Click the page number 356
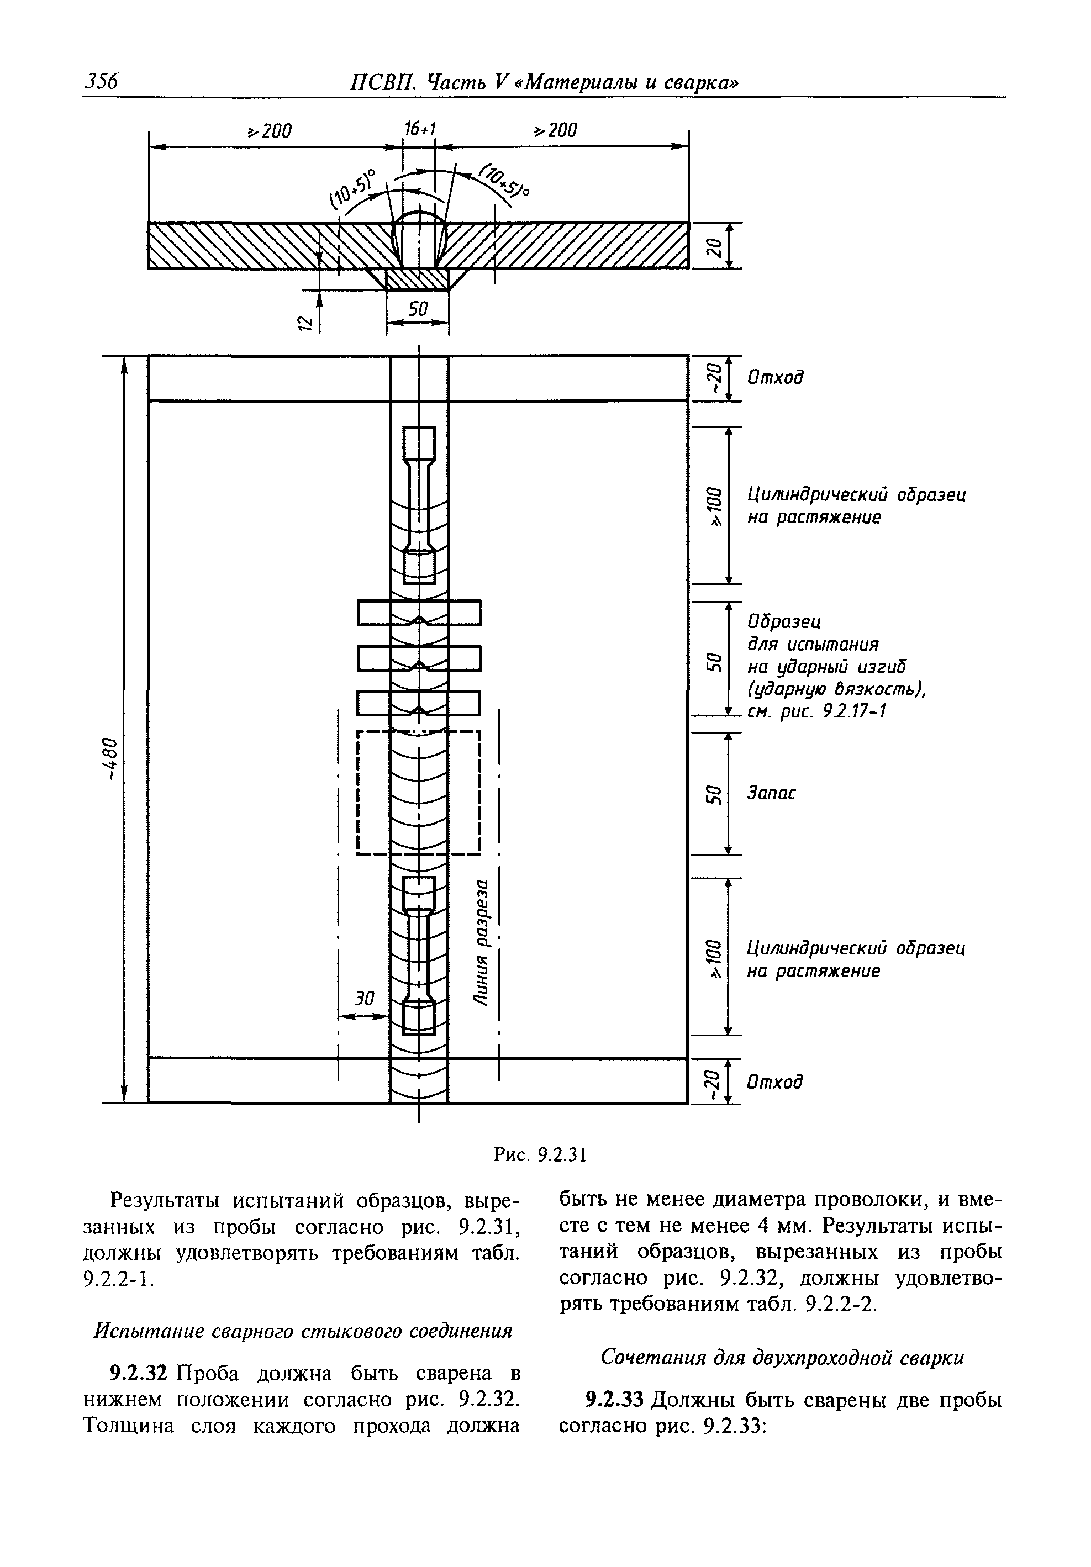click(x=101, y=81)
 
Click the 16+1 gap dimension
click(x=420, y=129)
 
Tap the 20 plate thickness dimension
click(x=713, y=246)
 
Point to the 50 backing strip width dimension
click(x=417, y=310)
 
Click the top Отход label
click(x=775, y=377)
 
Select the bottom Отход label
click(x=775, y=1081)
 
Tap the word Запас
click(x=772, y=793)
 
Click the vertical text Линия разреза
click(x=483, y=942)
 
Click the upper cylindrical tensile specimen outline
click(x=419, y=505)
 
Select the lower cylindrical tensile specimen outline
click(x=419, y=955)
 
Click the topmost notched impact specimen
click(x=419, y=612)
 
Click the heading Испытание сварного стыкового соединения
click(x=303, y=1331)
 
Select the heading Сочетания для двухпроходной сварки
click(x=782, y=1358)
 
